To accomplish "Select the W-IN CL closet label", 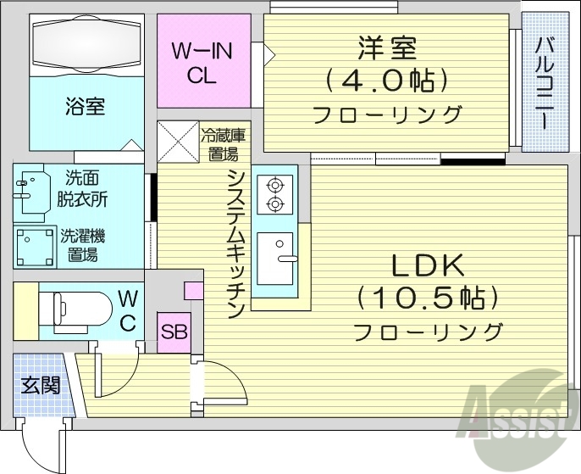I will point(202,63).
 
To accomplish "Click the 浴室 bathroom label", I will point(85,107).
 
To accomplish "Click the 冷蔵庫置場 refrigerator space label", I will point(224,143).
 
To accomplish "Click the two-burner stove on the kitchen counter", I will point(274,193).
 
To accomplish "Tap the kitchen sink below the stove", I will point(274,258).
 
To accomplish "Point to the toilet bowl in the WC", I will point(80,308).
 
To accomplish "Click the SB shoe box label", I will point(174,332).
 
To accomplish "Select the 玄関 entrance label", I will point(40,385).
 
